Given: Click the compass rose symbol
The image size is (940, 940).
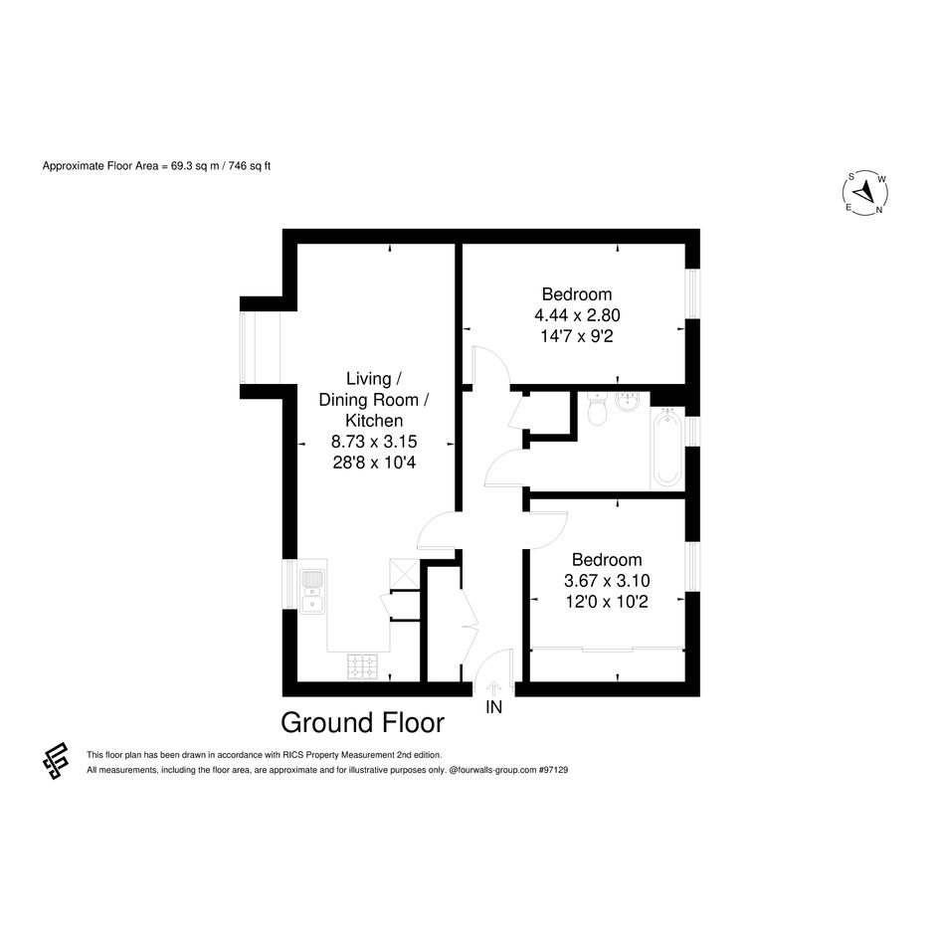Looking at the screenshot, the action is coord(865,193).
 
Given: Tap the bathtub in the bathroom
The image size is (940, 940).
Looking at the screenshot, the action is coord(666,447).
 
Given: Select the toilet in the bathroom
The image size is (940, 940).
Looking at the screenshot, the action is coord(597,410).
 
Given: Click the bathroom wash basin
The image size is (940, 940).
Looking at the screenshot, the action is coord(629,402).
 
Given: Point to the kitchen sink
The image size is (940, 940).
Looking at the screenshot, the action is coord(312,592).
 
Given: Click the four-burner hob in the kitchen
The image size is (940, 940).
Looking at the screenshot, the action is coord(363,667).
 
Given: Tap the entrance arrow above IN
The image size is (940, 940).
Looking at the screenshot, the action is coord(493,688).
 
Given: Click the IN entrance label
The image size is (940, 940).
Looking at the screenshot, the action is coord(493,707).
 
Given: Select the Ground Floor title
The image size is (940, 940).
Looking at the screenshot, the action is coord(363,723).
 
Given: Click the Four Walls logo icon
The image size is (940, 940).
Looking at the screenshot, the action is coord(55,761).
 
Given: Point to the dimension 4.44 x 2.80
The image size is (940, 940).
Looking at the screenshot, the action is coord(577,315).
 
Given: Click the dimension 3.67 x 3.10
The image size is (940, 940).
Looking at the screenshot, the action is coord(607,581).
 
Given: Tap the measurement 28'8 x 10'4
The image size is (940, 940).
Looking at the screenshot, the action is coord(374,463).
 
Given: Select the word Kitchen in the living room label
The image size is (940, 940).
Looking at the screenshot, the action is coord(374,421).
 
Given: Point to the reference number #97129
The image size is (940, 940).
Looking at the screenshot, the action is coord(553,770).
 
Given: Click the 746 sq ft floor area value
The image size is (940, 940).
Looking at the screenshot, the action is coord(250,166).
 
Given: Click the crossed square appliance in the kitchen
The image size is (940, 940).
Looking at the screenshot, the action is coord(402,573).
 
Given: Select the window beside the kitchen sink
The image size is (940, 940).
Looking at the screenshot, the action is coord(289,585).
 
